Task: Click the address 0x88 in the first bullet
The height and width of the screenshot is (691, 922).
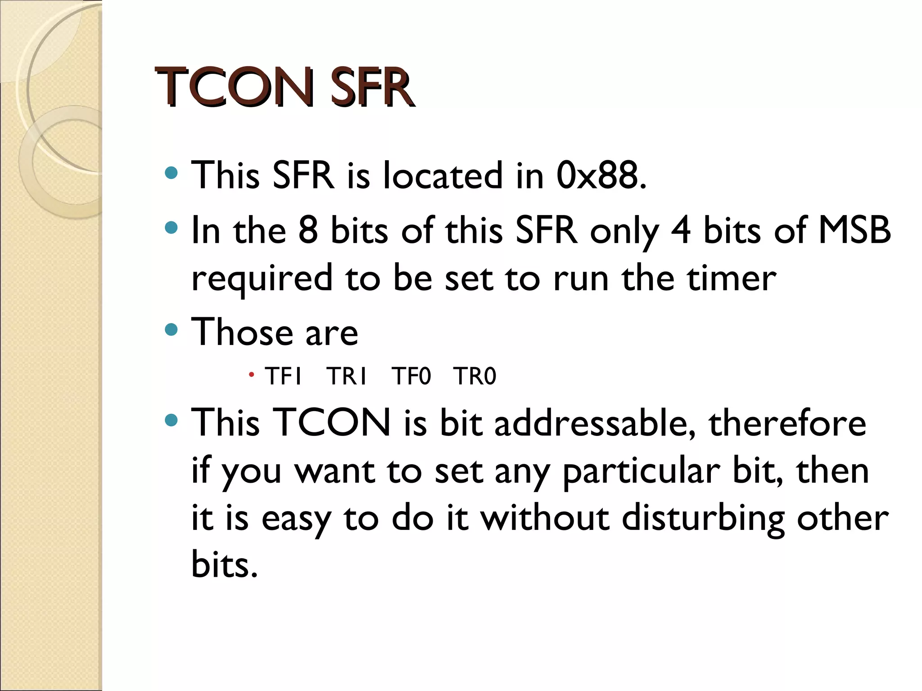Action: (x=600, y=175)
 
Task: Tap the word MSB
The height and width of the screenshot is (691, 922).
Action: (x=854, y=231)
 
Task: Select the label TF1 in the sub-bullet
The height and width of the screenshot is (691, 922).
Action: (x=283, y=377)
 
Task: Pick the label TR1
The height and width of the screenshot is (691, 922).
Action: (x=347, y=377)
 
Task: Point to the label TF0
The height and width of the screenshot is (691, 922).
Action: (x=411, y=377)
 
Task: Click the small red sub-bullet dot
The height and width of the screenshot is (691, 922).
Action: (x=251, y=374)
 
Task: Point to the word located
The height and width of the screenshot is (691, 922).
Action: (x=443, y=175)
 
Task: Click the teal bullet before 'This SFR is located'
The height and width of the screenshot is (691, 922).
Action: (x=172, y=173)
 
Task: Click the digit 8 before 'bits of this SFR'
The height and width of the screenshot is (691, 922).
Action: (x=308, y=231)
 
